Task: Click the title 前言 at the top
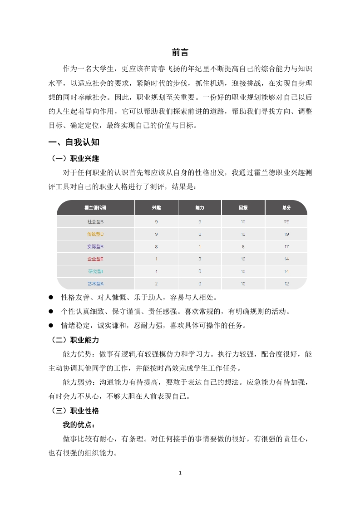tap(180, 52)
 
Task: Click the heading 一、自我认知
tap(74, 142)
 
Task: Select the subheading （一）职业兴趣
tap(74, 159)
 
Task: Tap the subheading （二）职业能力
tap(74, 340)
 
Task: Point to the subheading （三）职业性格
tap(74, 411)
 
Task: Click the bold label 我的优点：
tap(79, 425)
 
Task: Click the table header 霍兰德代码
tap(95, 207)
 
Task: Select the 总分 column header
tap(286, 207)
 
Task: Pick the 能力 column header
tap(200, 207)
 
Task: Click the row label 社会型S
tap(95, 222)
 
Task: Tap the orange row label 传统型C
tap(95, 234)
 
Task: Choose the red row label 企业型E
tap(95, 259)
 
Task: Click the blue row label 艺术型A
tap(95, 284)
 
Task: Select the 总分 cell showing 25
tap(286, 222)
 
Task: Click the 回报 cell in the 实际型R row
tap(243, 247)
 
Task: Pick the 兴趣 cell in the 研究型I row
tap(156, 271)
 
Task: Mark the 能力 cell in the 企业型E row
tap(200, 259)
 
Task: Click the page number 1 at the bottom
tap(180, 473)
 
